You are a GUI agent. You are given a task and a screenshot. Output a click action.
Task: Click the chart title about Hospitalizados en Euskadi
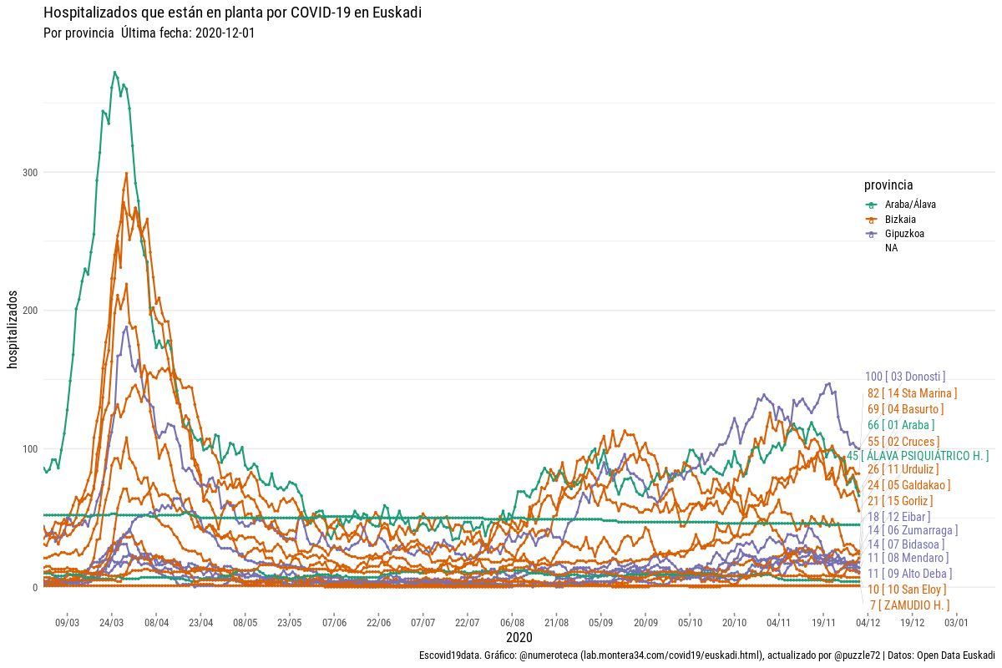(x=232, y=13)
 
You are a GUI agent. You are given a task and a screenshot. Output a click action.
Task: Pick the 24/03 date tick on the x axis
(x=111, y=623)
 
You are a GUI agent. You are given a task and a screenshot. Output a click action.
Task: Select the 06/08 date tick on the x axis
(x=512, y=623)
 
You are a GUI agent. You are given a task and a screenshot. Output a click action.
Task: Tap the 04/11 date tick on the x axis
(x=779, y=623)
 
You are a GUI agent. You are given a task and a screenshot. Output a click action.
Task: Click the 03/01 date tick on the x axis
(x=957, y=623)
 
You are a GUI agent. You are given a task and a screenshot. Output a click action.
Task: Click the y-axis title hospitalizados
(x=13, y=329)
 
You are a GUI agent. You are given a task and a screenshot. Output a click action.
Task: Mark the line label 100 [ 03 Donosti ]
(x=905, y=377)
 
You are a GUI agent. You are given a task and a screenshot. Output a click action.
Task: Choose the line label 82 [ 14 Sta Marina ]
(x=912, y=393)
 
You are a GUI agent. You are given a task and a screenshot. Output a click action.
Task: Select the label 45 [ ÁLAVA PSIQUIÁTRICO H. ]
(x=918, y=456)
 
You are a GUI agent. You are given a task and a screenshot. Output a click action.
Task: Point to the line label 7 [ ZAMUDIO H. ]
(x=908, y=605)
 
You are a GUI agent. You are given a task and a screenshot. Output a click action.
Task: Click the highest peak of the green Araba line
(x=114, y=72)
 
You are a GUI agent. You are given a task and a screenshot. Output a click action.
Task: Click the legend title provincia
(x=888, y=185)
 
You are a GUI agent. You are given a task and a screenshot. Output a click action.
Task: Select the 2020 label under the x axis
(x=519, y=638)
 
